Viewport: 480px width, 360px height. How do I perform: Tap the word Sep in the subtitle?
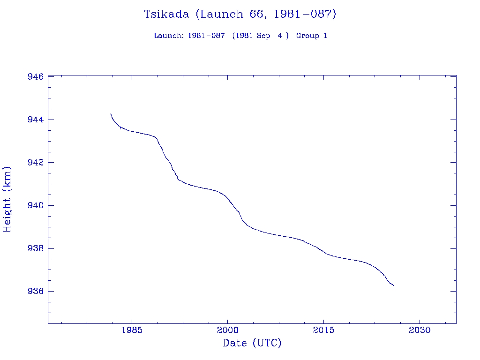pos(263,36)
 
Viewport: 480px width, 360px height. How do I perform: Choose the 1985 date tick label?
pos(131,330)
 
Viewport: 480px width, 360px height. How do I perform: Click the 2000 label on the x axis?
pos(227,330)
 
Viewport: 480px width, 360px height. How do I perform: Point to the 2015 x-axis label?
pos(324,330)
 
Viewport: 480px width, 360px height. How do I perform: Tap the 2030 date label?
pos(420,330)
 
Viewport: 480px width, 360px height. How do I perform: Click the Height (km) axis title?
pos(7,199)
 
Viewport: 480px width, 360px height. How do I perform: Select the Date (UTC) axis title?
pos(252,343)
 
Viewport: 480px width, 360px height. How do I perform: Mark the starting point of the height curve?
pos(111,113)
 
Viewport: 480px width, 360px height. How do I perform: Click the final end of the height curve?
pos(394,285)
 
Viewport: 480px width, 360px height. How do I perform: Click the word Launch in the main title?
pos(217,14)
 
